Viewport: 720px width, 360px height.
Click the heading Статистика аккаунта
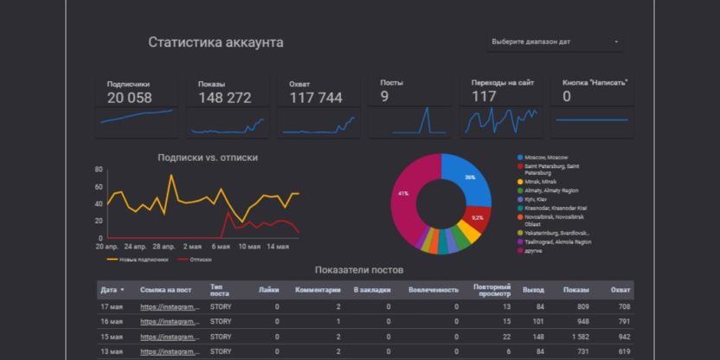(215, 42)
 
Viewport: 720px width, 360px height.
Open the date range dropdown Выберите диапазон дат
(555, 42)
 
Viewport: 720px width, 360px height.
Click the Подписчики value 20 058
(129, 98)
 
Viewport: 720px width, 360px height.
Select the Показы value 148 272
(224, 98)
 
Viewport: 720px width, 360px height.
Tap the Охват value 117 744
(316, 98)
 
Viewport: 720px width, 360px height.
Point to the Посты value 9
(385, 97)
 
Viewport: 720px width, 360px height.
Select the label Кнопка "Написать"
(595, 82)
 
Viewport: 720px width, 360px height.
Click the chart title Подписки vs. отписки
(208, 157)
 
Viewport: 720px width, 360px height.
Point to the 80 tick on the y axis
(99, 170)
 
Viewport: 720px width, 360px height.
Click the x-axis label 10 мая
(249, 247)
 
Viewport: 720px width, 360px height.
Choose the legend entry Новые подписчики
(144, 259)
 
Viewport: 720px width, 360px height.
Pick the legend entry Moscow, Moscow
(545, 157)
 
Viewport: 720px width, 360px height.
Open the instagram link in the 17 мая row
(170, 306)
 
